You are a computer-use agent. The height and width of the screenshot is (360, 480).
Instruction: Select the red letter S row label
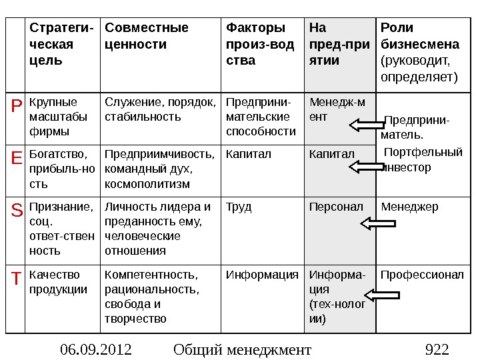[16, 211]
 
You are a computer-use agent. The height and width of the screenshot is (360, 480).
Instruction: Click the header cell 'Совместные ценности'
[147, 36]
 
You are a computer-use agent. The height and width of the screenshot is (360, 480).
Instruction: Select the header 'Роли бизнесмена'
[419, 53]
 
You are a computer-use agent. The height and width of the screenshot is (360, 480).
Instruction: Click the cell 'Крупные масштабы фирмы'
[53, 117]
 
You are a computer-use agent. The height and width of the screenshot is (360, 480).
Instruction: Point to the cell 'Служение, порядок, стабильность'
[160, 109]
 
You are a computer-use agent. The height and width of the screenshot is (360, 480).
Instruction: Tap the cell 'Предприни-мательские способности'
[261, 117]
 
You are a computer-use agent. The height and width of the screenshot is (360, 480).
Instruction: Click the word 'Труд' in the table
[239, 207]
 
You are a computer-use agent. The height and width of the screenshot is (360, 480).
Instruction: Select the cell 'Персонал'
[336, 207]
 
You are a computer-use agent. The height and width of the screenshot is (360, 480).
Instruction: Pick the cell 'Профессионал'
[422, 275]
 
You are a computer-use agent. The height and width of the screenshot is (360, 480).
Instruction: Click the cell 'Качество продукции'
[58, 282]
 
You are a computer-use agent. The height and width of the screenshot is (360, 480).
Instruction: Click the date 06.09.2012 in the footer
[95, 349]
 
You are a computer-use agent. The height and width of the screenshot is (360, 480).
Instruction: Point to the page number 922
[437, 349]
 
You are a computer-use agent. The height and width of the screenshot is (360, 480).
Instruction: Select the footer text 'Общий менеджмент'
[241, 349]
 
